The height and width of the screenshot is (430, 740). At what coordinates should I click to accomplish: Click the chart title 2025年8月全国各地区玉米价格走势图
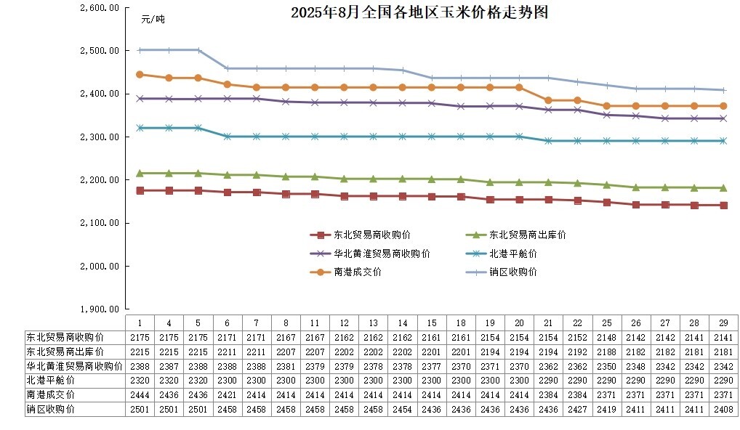tap(419, 12)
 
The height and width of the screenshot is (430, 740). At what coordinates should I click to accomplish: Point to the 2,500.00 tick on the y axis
tap(100, 51)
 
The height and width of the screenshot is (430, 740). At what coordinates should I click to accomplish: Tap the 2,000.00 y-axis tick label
tap(100, 266)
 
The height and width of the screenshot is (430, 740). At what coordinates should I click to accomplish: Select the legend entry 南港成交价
tap(357, 272)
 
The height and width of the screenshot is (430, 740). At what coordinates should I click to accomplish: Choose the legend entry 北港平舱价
tap(512, 253)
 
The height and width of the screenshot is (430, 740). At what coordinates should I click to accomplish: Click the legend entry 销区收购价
tap(512, 272)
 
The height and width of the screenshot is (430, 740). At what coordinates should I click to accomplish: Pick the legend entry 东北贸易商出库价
tap(527, 235)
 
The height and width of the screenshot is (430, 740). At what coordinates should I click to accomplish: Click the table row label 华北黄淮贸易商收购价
tap(74, 365)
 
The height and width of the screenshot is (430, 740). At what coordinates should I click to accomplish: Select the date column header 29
tap(723, 322)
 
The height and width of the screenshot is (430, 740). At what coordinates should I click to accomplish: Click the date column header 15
tap(431, 322)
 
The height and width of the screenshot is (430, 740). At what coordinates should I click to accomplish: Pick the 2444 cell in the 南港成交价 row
tap(140, 394)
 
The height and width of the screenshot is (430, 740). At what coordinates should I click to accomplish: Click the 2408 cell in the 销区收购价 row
tap(723, 409)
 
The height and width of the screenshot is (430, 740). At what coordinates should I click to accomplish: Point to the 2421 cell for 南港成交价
tap(227, 394)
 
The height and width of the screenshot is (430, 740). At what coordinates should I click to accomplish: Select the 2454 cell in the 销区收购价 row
tap(402, 409)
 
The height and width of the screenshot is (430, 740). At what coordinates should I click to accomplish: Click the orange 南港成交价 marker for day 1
tap(140, 74)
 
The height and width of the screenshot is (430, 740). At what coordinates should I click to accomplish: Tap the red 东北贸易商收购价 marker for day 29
tap(723, 206)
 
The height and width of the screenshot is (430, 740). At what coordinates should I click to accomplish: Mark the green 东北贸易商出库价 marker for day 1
tap(140, 174)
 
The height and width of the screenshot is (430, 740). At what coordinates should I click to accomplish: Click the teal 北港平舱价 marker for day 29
tap(723, 141)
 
